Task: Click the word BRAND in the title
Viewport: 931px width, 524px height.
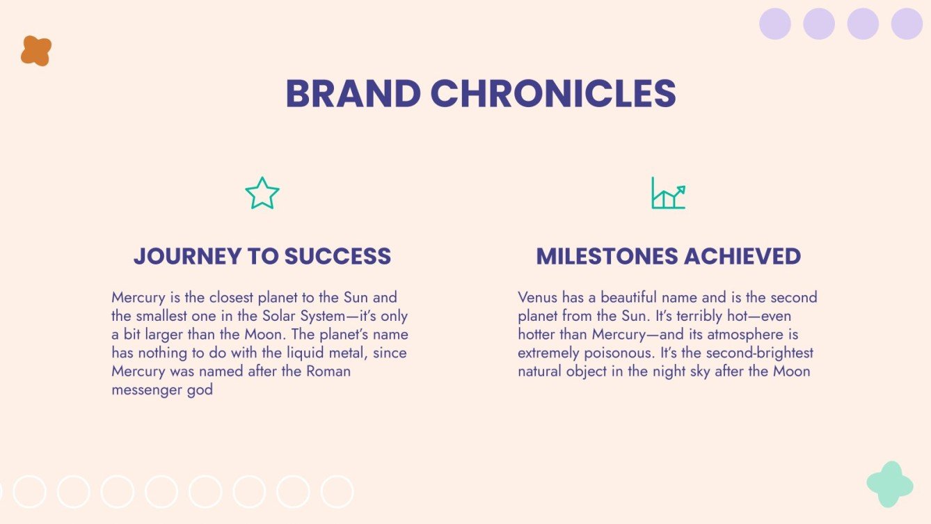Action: [x=353, y=94]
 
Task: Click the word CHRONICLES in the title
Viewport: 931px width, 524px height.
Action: [x=553, y=94]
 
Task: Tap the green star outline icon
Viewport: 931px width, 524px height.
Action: [x=262, y=193]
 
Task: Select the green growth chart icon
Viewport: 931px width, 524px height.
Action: [x=668, y=193]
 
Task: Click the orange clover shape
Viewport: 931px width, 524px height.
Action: [x=36, y=51]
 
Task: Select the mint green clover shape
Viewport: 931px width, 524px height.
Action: [x=890, y=484]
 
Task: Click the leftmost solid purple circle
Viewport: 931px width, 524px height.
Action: [x=775, y=24]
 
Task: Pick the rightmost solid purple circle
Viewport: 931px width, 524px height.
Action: [x=907, y=24]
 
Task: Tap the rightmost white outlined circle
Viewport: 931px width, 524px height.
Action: [x=337, y=491]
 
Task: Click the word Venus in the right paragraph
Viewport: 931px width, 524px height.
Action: [x=536, y=298]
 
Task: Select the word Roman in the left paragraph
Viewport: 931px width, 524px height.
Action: [x=328, y=371]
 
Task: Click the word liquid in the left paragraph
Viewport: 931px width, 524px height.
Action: [x=267, y=353]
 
